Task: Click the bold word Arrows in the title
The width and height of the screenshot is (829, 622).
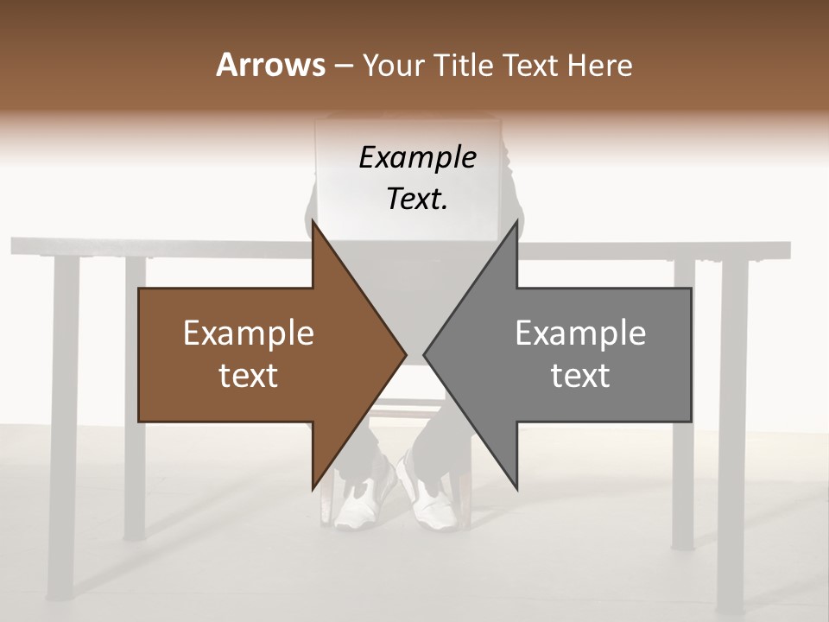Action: click(x=270, y=65)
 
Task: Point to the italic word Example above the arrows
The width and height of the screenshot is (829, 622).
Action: click(x=417, y=158)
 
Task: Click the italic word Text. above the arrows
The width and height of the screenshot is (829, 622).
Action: click(x=417, y=200)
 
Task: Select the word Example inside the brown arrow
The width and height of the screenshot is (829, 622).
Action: click(x=248, y=333)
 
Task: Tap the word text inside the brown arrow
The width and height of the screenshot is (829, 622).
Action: click(x=248, y=376)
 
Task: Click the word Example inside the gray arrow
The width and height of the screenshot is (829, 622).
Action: click(x=580, y=333)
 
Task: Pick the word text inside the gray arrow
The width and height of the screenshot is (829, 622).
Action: click(x=580, y=376)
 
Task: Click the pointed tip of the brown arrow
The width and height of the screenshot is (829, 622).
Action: click(x=405, y=354)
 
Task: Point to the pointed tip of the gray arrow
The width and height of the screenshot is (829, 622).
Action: click(x=424, y=354)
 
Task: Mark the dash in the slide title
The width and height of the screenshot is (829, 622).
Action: click(x=342, y=67)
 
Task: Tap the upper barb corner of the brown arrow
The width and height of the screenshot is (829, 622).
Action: click(x=313, y=221)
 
